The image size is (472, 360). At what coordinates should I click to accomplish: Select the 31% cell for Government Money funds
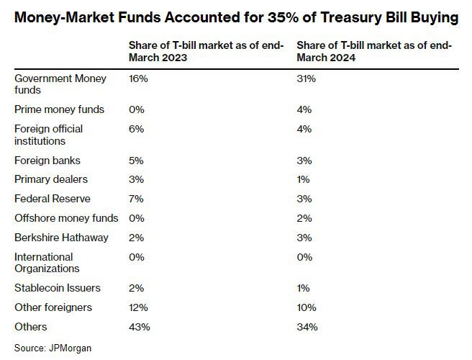[x=306, y=78]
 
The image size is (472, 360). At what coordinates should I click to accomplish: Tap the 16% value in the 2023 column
[x=137, y=78]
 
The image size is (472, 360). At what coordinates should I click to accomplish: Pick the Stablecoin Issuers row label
[x=58, y=288]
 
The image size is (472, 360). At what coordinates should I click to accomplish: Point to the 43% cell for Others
[x=139, y=327]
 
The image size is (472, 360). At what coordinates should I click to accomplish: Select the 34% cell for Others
[x=307, y=327]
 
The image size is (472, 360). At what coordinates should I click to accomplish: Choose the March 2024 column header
[x=374, y=52]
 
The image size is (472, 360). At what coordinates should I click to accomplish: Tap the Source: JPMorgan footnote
[x=53, y=348]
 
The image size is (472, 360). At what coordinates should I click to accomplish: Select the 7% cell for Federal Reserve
[x=136, y=199]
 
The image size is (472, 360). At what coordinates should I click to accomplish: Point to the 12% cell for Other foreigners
[x=138, y=307]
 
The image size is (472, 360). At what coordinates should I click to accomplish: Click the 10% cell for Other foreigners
[x=307, y=307]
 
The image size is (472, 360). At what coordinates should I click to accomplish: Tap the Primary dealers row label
[x=50, y=179]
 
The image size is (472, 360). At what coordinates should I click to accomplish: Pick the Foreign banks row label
[x=47, y=160]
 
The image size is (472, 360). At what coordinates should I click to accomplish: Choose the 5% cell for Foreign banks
[x=136, y=160]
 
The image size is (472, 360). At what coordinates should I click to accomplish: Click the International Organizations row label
[x=47, y=263]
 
